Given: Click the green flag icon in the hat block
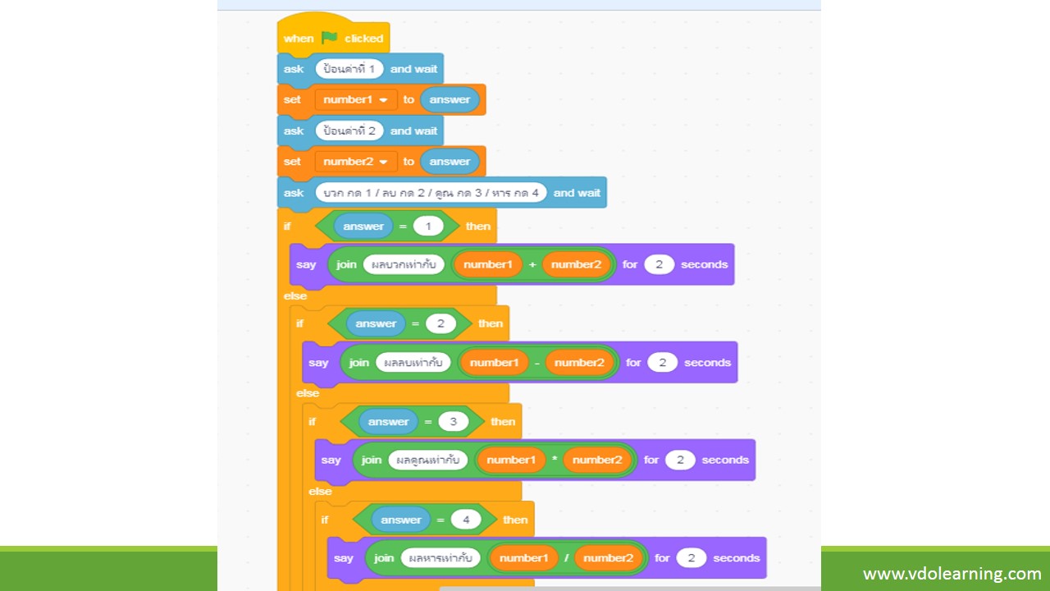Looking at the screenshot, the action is point(330,38).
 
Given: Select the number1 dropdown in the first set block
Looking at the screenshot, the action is point(356,99).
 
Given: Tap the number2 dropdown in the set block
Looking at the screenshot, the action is point(356,162).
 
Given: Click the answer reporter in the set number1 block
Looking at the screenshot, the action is point(450,99).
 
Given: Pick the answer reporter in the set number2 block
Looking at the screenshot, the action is point(450,162).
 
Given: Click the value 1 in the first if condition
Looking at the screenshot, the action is point(428,226).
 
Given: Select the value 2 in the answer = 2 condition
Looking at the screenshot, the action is point(441,323).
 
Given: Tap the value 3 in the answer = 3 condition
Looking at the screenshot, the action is point(454,422).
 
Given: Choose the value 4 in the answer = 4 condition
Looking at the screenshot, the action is point(466,520).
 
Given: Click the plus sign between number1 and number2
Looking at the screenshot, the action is point(532,264).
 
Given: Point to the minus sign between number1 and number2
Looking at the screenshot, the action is point(536,363).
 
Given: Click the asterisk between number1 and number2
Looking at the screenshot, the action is point(554,459).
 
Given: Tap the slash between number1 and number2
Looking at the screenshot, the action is point(566,557).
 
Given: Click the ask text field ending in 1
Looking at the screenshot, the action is point(349,69).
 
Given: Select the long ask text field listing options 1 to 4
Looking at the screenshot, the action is point(431,193).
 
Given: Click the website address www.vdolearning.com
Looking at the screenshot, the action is point(952,574).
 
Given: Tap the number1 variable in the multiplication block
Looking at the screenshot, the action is point(511,460).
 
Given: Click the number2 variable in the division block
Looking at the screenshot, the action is point(608,557).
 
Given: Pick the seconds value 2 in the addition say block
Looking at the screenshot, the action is point(659,264).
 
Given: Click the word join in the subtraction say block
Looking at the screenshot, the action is point(358,363).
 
